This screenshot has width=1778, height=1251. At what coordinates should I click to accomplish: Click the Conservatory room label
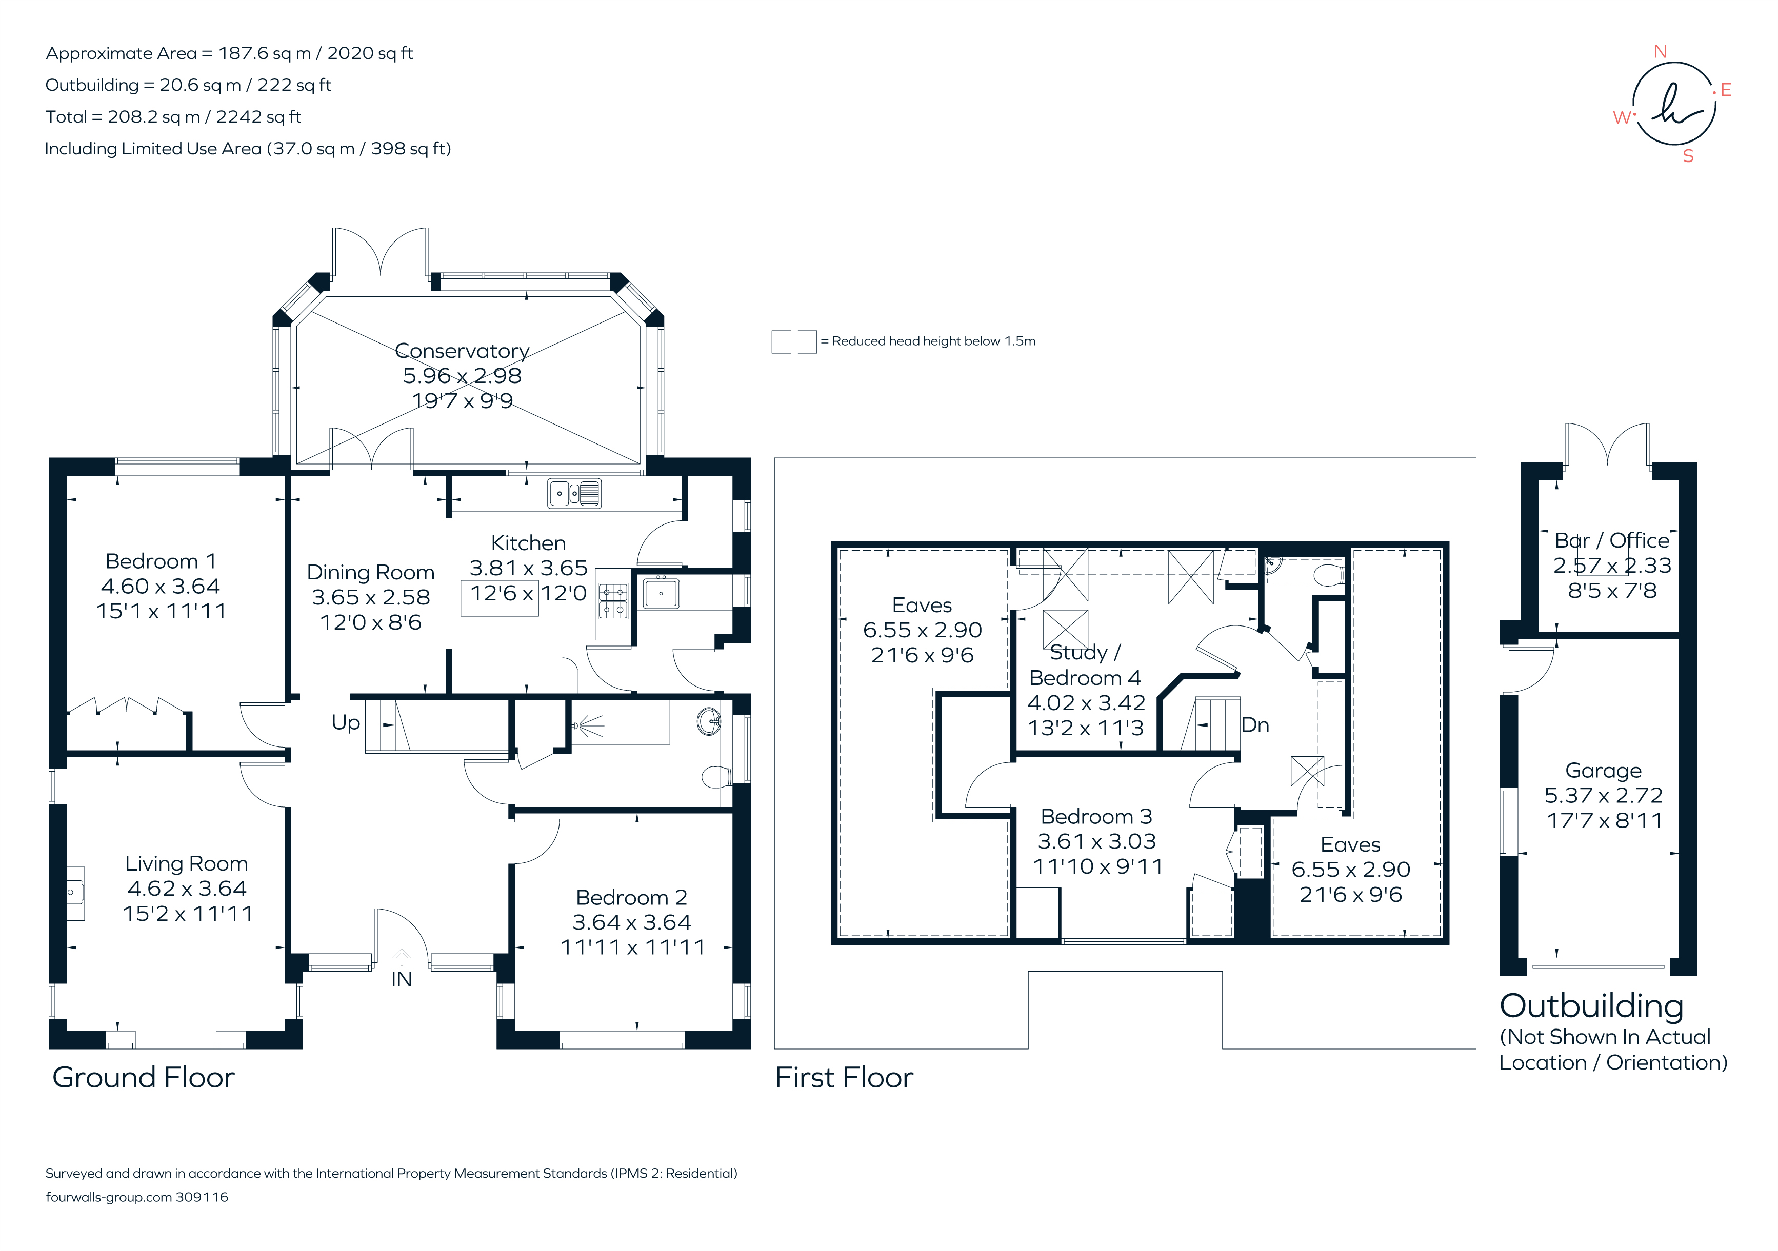point(462,351)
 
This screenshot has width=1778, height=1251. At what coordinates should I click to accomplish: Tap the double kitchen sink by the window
point(574,493)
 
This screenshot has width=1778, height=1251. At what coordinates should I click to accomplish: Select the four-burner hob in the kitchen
point(612,601)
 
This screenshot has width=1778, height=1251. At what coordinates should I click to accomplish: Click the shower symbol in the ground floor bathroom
point(588,725)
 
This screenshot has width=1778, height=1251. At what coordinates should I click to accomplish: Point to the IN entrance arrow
point(401,958)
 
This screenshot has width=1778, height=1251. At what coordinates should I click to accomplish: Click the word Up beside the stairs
point(345,722)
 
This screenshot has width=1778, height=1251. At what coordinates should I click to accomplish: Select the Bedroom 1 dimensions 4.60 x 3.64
point(161,586)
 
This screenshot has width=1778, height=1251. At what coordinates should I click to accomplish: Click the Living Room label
point(187,863)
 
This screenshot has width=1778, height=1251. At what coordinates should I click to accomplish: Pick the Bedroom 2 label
point(631,897)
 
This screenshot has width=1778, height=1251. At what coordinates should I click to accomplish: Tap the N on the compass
point(1660,52)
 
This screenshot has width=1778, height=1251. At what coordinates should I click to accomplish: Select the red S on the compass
point(1688,156)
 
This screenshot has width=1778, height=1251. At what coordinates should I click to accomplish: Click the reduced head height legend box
point(794,341)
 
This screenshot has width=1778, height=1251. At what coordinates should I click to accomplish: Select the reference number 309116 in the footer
point(202,1197)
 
